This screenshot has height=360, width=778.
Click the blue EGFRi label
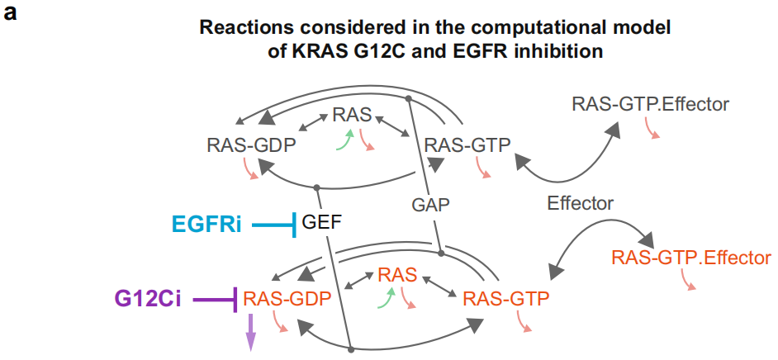[x=206, y=224]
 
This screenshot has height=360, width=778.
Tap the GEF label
[x=321, y=223]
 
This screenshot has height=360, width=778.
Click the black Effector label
[x=581, y=203]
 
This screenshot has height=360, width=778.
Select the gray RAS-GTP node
[x=467, y=145]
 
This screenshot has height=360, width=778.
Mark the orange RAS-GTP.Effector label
[x=690, y=258]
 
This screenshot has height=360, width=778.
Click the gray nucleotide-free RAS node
[x=353, y=116]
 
